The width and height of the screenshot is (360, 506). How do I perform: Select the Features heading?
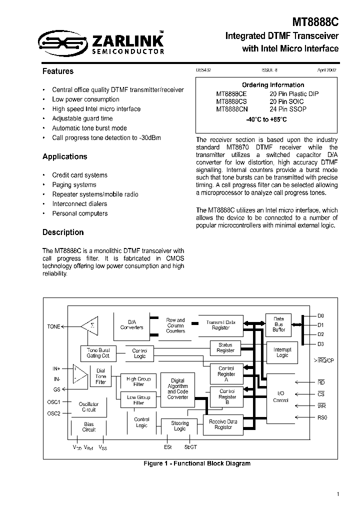coord(58,71)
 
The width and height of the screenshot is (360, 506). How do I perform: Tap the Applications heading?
coord(64,156)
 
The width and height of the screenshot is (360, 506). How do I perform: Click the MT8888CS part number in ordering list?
coord(231,101)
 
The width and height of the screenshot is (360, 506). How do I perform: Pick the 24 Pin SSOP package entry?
coord(288,108)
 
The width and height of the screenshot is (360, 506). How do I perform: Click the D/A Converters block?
coord(132,325)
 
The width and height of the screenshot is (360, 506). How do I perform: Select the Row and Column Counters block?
coord(175,325)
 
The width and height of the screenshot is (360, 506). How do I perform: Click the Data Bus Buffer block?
coord(278,324)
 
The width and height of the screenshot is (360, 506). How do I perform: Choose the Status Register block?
coord(225,347)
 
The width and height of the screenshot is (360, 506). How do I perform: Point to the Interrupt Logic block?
coord(282,352)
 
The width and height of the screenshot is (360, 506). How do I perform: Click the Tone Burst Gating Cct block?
coord(98,352)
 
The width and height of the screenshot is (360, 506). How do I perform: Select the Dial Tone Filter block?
coord(101,376)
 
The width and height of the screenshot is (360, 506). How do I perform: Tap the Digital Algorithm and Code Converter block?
coord(178,388)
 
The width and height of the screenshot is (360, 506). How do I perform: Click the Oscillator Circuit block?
coord(89,406)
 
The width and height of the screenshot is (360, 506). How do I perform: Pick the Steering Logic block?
coord(179,426)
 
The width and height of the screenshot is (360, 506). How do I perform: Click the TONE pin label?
coord(53,326)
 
